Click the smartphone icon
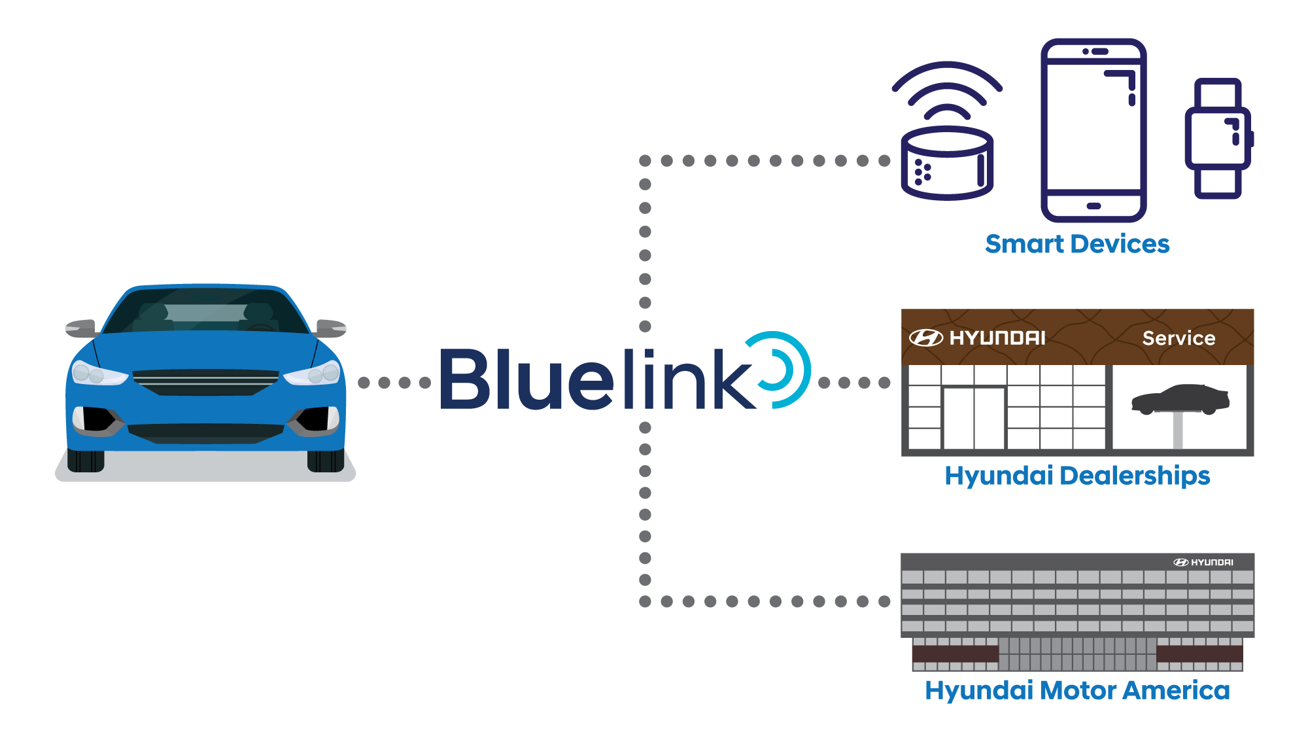1093,131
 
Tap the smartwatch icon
1218,139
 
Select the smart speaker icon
947,164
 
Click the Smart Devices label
1077,244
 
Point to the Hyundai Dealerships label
1077,476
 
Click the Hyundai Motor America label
1077,690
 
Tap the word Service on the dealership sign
1179,338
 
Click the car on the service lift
1180,399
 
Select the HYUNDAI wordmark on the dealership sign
997,338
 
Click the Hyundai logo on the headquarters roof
1203,563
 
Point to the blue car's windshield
206,311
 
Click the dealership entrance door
974,419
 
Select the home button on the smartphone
1093,206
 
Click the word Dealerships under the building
1135,476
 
